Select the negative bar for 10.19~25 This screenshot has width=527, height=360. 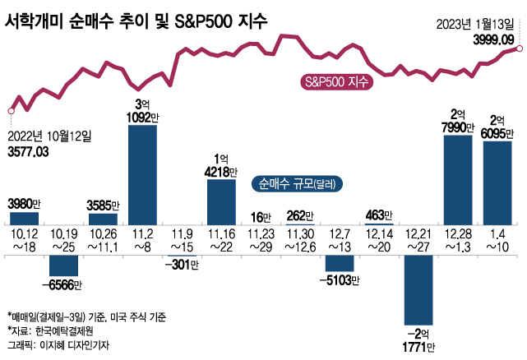[x=64, y=265]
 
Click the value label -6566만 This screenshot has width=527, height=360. [x=64, y=284]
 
